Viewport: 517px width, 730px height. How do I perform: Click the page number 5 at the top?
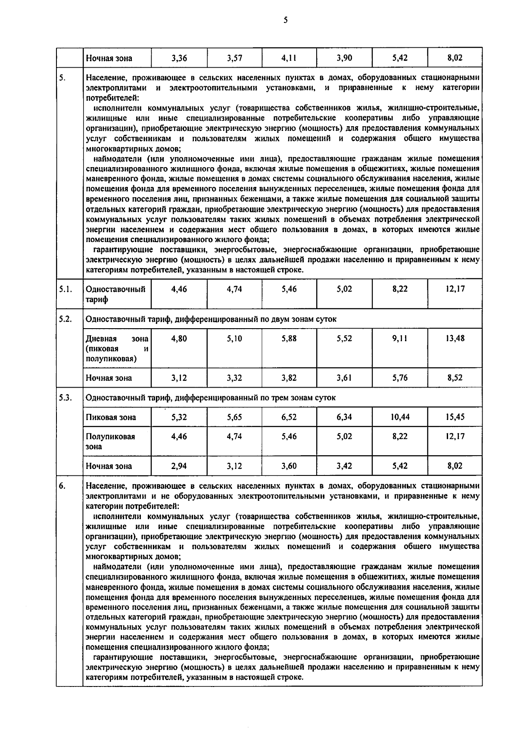(x=286, y=20)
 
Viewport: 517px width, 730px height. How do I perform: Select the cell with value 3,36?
(x=179, y=58)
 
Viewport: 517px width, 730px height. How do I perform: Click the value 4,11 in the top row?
(x=289, y=58)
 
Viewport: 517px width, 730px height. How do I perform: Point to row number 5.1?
(x=65, y=289)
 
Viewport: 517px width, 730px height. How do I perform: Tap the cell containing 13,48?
(x=455, y=339)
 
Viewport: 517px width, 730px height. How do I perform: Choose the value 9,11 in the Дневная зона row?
(x=400, y=339)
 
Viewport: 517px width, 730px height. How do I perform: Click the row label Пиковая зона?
(x=111, y=417)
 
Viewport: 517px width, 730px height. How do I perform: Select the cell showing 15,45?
(x=455, y=417)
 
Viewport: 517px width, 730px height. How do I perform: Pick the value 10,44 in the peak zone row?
(x=400, y=417)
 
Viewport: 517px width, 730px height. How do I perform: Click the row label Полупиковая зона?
(x=110, y=441)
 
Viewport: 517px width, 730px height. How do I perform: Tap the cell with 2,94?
(x=179, y=466)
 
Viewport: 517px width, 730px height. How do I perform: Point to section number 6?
(x=62, y=486)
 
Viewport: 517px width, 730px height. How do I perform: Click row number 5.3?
(x=65, y=398)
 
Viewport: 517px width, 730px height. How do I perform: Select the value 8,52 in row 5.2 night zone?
(x=455, y=378)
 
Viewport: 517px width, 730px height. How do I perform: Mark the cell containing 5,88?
(x=289, y=339)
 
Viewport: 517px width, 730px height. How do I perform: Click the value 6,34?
(x=344, y=417)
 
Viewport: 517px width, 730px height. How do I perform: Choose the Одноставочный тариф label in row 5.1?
(x=115, y=294)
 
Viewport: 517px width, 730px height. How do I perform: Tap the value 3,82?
(x=289, y=378)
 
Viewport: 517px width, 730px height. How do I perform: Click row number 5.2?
(x=65, y=319)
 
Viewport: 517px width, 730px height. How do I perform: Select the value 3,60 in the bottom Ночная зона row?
(x=289, y=466)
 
